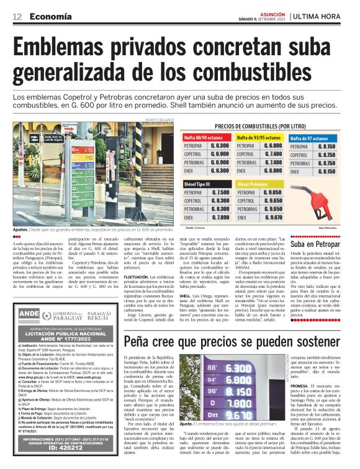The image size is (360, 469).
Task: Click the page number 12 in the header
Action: [17, 17]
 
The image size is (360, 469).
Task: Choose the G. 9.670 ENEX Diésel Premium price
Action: [274, 218]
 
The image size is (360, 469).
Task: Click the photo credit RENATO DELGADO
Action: [159, 120]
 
